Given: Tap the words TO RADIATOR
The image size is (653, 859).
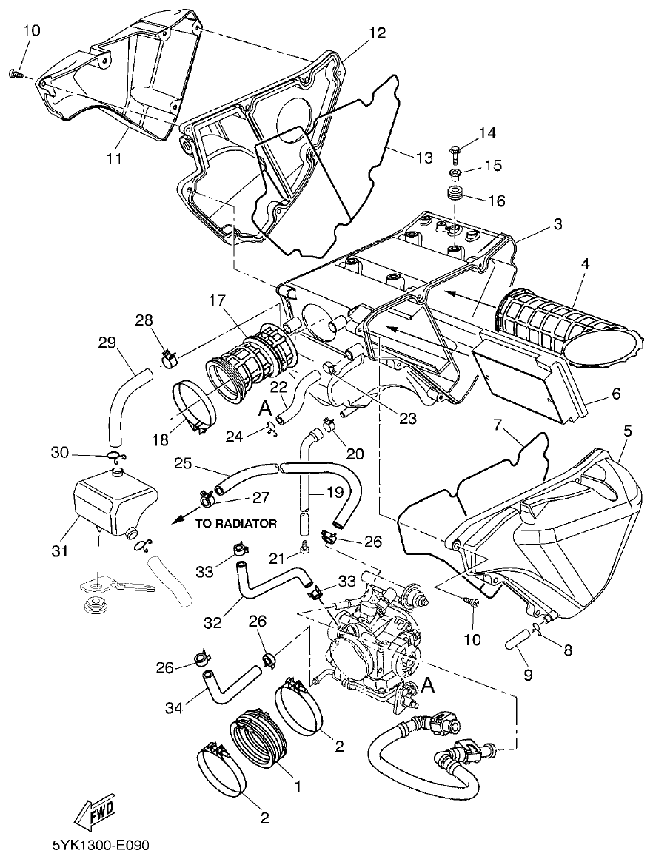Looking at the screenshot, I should (236, 524).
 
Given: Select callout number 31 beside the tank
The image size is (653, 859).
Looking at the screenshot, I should (59, 551).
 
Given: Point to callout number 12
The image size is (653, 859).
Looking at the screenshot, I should (378, 33).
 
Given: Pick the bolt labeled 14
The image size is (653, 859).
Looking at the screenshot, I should (455, 154).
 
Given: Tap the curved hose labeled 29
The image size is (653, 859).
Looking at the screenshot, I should (122, 400).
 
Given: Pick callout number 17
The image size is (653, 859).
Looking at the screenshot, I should (216, 302).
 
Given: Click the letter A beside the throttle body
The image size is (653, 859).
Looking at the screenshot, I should (427, 686).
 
